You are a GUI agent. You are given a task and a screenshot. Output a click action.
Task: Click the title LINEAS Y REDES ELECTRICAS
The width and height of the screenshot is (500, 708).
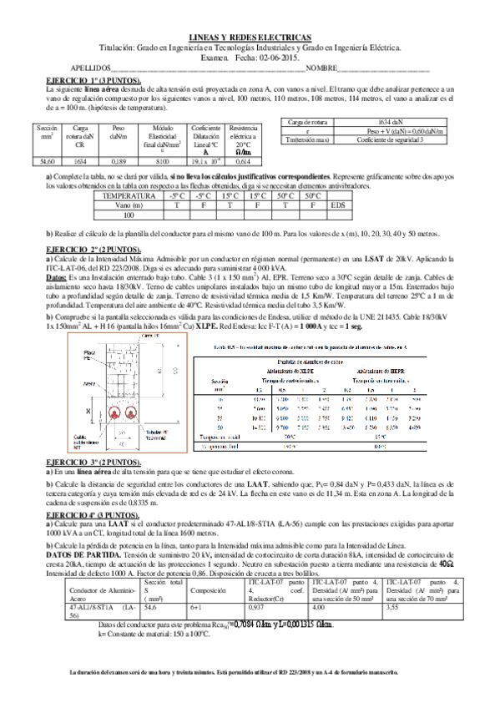[x=250, y=38]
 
